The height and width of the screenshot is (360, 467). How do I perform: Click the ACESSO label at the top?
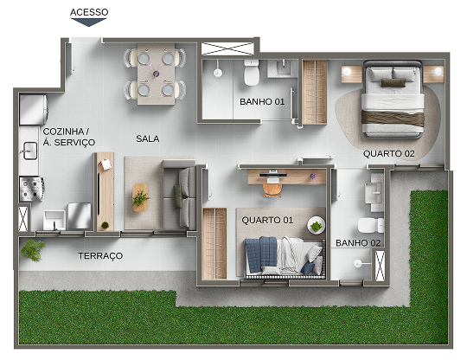[89, 12]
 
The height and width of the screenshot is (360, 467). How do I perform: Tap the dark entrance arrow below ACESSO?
[88, 22]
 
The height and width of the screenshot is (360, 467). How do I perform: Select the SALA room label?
[147, 138]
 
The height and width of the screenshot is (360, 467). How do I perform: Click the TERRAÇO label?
[100, 255]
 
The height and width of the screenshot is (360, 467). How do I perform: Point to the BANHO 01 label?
[262, 101]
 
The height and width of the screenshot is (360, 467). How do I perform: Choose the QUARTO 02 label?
[388, 153]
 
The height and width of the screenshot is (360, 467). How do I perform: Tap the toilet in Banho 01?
[252, 73]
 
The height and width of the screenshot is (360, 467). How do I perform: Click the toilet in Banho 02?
[371, 225]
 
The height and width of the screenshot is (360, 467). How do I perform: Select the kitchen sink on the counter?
[30, 151]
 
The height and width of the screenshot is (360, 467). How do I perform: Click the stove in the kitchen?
[32, 189]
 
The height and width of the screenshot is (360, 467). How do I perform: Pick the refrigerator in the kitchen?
[34, 109]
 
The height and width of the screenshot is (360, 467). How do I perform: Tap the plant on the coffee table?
[141, 197]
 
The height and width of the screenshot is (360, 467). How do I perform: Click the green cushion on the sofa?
[178, 196]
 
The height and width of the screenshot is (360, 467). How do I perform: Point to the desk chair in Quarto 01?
[272, 190]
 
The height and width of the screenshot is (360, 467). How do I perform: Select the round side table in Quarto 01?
[316, 226]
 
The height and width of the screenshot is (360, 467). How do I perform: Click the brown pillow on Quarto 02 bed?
[393, 82]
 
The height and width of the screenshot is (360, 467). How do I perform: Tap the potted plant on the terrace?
[33, 250]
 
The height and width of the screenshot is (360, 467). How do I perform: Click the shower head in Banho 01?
[218, 73]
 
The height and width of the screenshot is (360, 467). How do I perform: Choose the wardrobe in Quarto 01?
[214, 244]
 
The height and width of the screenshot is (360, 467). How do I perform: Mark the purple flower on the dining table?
[156, 74]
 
